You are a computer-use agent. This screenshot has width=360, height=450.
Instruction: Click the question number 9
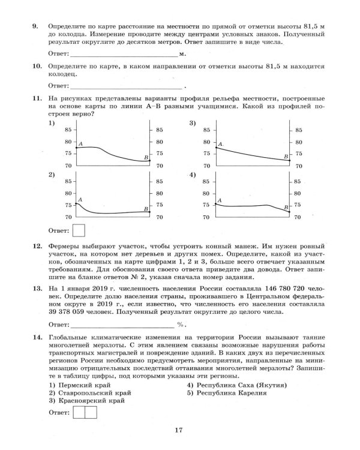pyautogui.click(x=35, y=26)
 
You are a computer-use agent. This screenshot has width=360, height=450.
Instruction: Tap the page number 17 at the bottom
pyautogui.click(x=179, y=429)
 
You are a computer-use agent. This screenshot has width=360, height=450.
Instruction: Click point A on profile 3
pyautogui.click(x=216, y=148)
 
